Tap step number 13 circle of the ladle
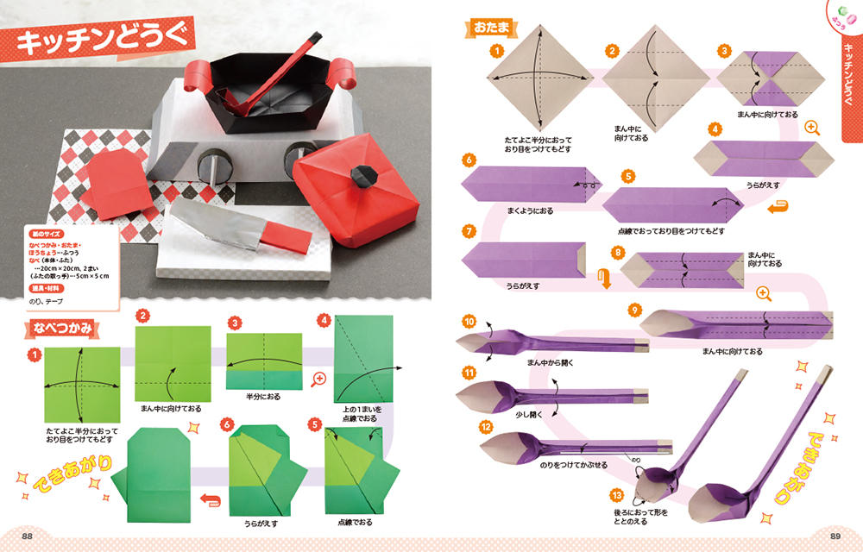[615, 495]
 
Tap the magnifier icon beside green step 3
[319, 379]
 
